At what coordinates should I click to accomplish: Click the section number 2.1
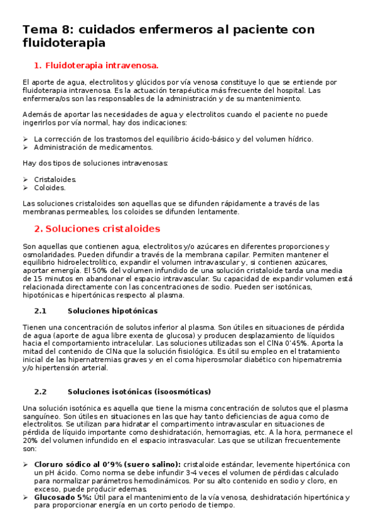tap(41, 311)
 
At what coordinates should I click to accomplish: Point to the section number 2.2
tap(41, 391)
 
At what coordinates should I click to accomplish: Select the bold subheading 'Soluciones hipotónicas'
tap(112, 311)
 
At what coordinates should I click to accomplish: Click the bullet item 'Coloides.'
tap(50, 187)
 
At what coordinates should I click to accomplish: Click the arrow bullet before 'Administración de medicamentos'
tap(25, 147)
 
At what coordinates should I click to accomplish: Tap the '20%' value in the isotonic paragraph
tap(30, 441)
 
